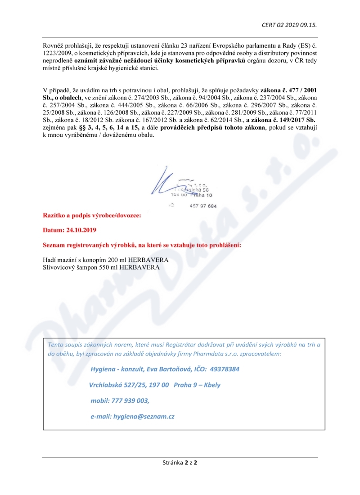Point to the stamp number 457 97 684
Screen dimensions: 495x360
pyautogui.click(x=203, y=206)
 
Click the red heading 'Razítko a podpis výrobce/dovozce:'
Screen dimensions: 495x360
pyautogui.click(x=92, y=216)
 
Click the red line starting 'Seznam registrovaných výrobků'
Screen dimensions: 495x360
pyautogui.click(x=142, y=245)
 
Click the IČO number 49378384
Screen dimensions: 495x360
pyautogui.click(x=224, y=369)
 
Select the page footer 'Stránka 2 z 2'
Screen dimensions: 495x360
pyautogui.click(x=180, y=462)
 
